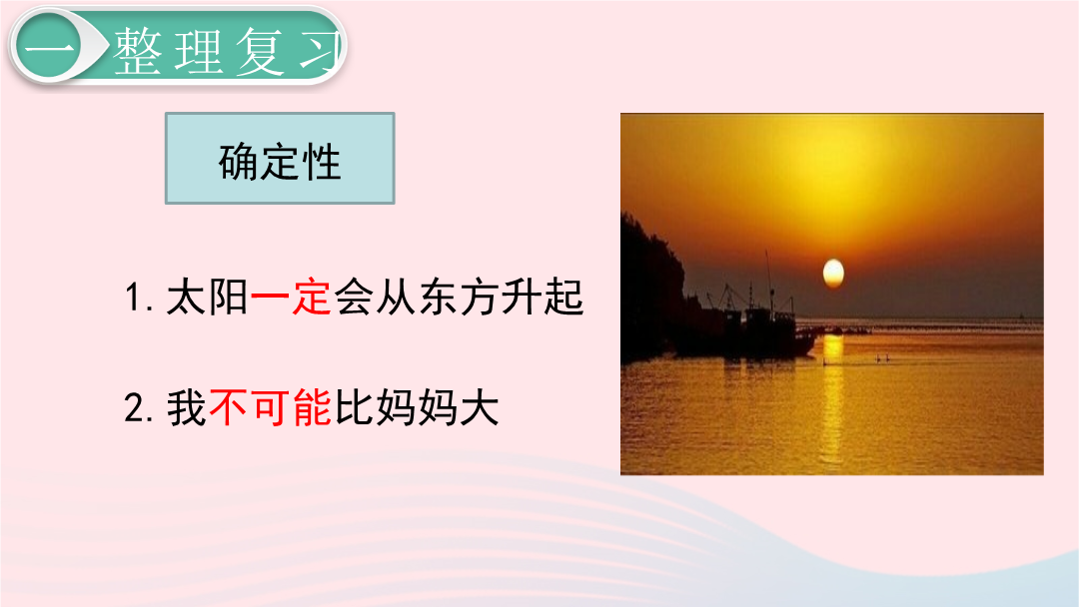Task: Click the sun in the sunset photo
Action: click(x=833, y=274)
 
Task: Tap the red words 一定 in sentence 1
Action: click(x=291, y=298)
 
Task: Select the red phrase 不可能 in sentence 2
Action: click(x=271, y=407)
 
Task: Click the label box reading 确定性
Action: click(x=280, y=158)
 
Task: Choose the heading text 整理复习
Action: click(x=227, y=51)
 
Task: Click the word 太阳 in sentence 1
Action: click(x=207, y=298)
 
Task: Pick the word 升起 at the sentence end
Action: click(x=542, y=298)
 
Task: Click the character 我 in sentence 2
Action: click(x=187, y=407)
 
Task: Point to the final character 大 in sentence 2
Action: click(x=479, y=407)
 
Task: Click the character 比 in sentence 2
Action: click(x=354, y=407)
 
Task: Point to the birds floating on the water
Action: click(x=882, y=358)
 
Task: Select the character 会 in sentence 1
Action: click(x=353, y=298)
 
